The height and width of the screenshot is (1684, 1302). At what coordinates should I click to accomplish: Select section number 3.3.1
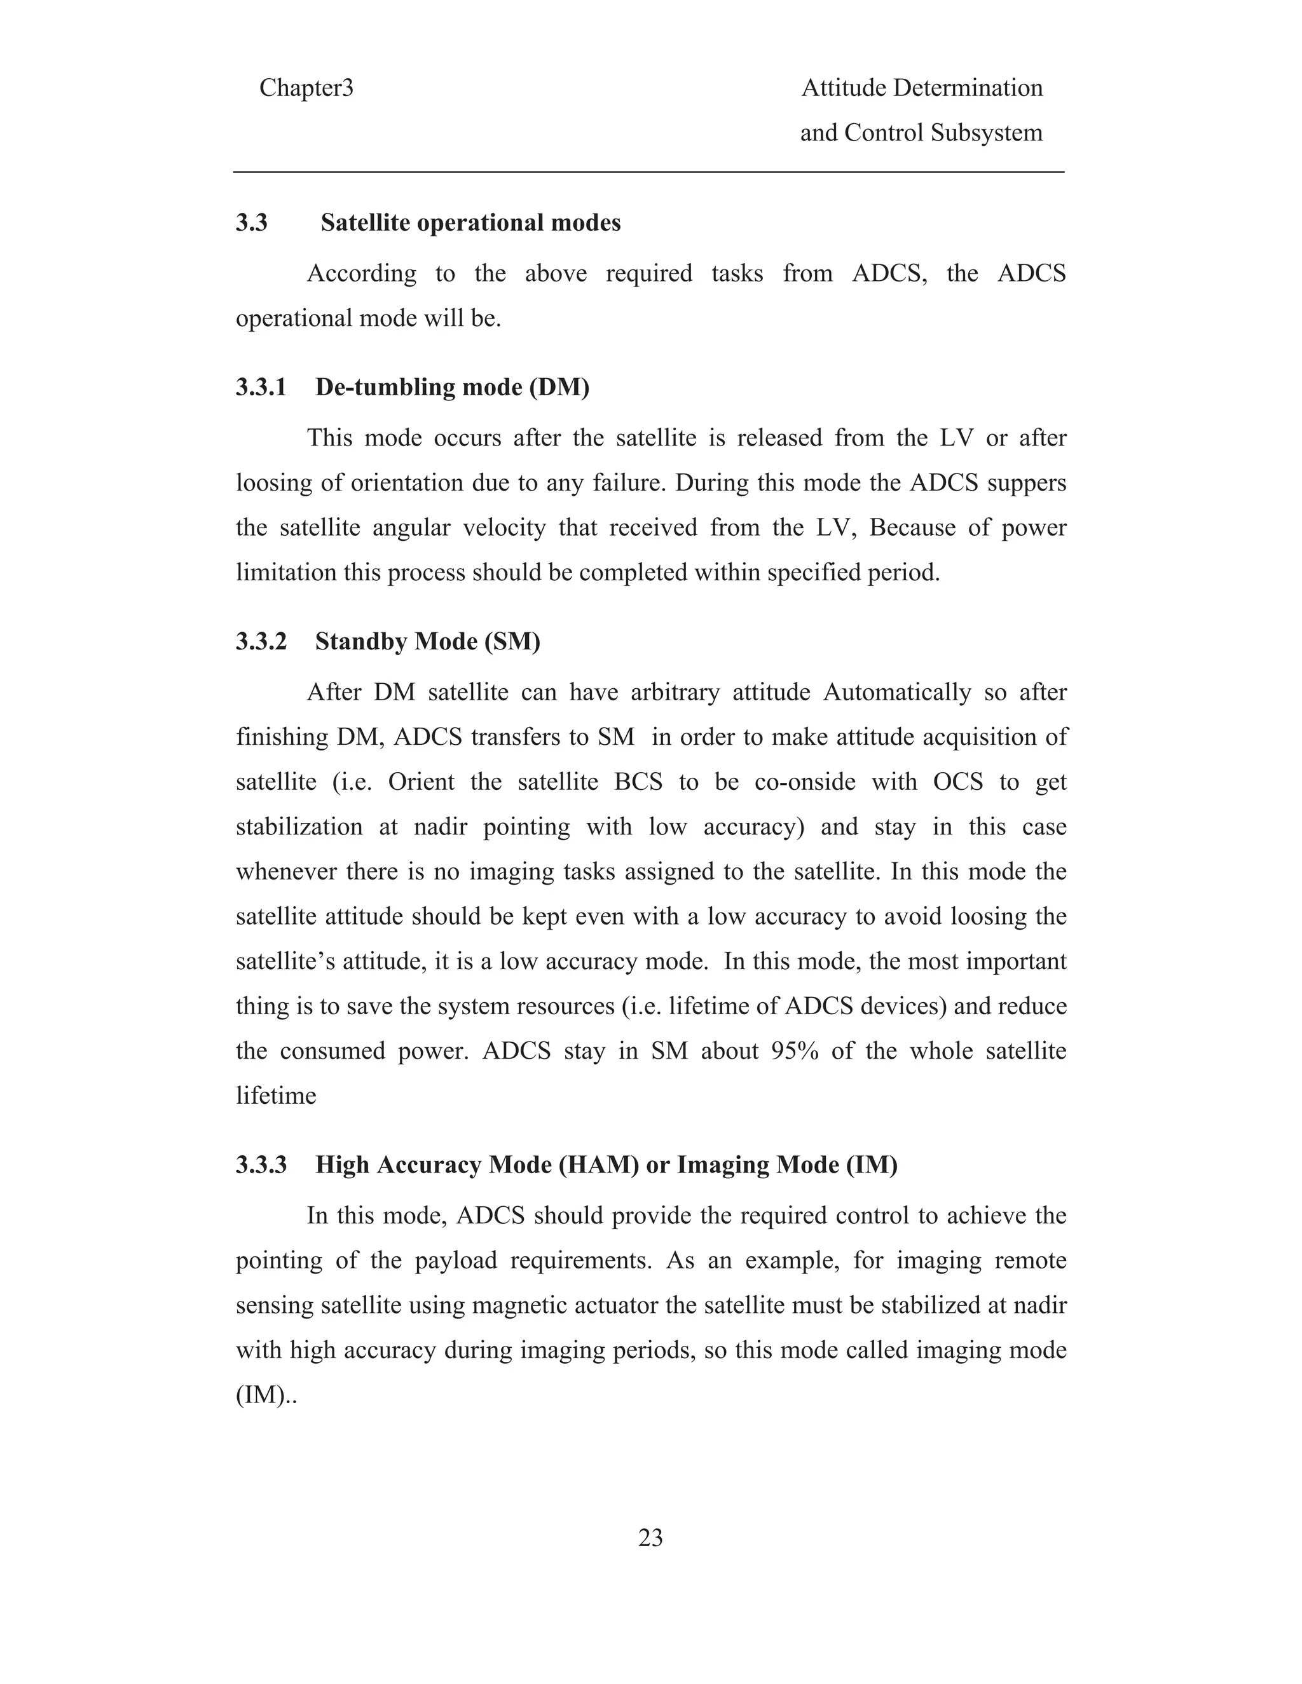point(261,387)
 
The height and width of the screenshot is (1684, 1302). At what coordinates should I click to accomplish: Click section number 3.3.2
point(261,642)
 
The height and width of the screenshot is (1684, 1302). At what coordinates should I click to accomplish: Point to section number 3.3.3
point(261,1165)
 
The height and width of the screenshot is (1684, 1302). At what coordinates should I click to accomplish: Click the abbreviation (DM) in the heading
point(559,387)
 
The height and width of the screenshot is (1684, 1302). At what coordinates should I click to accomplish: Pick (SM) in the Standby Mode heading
point(512,642)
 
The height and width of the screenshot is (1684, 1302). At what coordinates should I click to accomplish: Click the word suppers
point(1028,484)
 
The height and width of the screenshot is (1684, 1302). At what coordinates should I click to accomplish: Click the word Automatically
point(897,693)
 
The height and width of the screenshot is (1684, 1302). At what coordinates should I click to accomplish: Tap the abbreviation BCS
point(639,783)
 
